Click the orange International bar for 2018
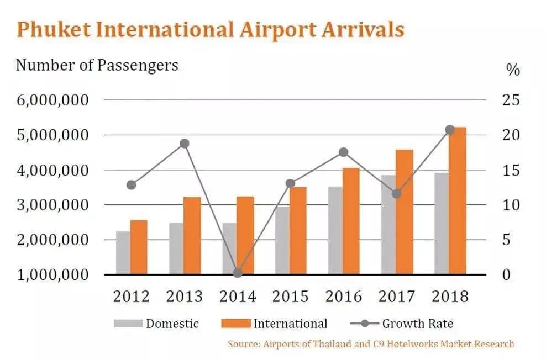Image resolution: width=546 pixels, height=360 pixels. tap(457, 200)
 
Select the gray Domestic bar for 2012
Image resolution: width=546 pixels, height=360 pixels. tap(123, 253)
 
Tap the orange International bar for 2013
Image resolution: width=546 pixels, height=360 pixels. tap(192, 236)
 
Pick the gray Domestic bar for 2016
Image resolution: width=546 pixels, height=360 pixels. tap(335, 231)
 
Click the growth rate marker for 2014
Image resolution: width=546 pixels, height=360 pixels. tap(238, 273)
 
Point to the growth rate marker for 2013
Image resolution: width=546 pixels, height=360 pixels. tap(185, 144)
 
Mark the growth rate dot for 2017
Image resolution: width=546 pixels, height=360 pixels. tap(397, 194)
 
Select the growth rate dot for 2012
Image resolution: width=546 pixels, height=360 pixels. tap(132, 185)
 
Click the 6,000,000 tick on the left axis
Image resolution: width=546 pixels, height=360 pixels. tap(53, 100)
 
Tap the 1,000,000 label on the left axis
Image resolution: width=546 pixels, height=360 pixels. tap(53, 275)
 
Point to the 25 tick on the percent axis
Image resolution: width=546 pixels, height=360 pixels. tap(511, 100)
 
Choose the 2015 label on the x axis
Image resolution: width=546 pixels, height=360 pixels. tap(291, 297)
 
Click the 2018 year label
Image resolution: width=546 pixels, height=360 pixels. tap(450, 297)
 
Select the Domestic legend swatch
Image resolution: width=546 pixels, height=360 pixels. tap(128, 324)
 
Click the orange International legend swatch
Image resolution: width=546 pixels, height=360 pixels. tap(236, 324)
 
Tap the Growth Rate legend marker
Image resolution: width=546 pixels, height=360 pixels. tap(365, 324)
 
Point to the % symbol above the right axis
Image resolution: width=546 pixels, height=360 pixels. tap(513, 70)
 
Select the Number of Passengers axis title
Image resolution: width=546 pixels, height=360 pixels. tap(97, 65)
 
